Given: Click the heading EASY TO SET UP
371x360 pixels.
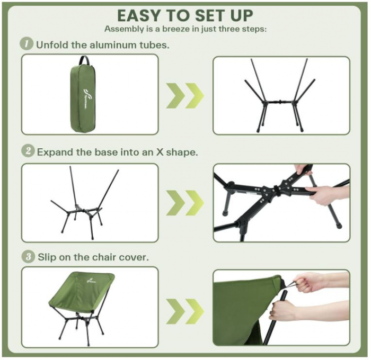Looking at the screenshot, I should (x=185, y=14).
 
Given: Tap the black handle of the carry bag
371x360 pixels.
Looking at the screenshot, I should (x=83, y=60).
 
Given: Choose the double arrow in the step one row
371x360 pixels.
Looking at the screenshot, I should (x=185, y=96).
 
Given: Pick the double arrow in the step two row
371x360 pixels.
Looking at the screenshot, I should (x=185, y=203).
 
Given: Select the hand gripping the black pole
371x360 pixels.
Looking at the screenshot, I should (x=286, y=311).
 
